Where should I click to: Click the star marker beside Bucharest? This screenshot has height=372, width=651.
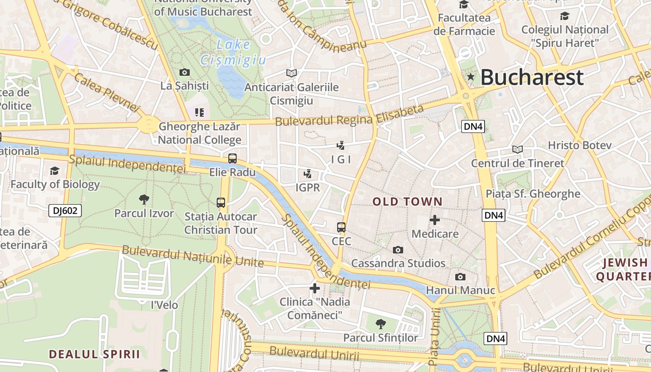pos(471,77)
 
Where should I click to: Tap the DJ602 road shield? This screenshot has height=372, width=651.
pos(65,211)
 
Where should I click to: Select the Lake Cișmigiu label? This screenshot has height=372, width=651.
pos(233,53)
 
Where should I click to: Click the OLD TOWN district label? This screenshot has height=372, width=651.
pos(407,201)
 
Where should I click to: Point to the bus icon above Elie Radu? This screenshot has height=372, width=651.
pos(232,159)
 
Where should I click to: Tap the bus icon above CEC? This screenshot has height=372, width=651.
pos(341,227)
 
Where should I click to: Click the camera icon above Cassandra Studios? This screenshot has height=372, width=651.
pos(398,250)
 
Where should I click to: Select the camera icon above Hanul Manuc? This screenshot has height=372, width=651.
pos(460,277)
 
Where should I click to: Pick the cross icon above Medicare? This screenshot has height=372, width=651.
pos(435,220)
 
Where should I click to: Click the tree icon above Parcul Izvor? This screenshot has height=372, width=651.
pos(144,199)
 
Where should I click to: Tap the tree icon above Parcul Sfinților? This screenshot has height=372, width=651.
pos(381,324)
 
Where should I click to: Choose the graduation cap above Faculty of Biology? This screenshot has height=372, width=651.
pos(55,171)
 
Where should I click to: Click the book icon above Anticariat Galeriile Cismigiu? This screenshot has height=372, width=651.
pos(292,73)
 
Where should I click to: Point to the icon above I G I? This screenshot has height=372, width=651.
pos(341,145)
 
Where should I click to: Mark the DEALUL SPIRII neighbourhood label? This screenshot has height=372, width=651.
pos(94,354)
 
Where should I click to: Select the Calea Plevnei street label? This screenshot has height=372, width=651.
pos(106,92)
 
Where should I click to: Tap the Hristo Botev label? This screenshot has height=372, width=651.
pos(579,145)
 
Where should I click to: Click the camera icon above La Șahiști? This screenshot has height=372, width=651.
pos(185,72)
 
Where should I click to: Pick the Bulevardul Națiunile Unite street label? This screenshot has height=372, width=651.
pos(193,257)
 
